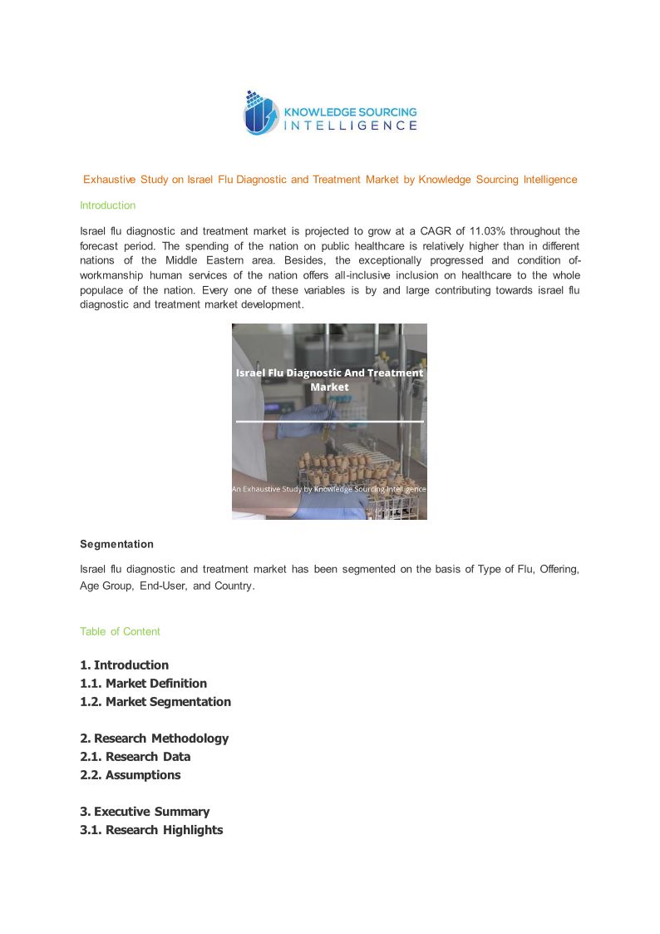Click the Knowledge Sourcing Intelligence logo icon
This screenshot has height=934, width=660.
tap(260, 113)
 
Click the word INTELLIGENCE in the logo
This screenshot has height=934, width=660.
tap(351, 126)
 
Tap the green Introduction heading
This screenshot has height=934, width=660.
tap(107, 205)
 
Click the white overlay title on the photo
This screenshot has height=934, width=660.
tap(329, 380)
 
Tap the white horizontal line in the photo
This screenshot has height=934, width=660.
tap(329, 422)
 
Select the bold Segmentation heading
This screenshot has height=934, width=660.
tap(116, 544)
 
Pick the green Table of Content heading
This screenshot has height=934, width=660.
tap(120, 631)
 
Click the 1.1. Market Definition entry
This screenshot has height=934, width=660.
tap(143, 684)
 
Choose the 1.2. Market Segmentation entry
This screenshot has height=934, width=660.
tap(155, 702)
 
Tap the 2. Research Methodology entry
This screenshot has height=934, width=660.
tap(154, 739)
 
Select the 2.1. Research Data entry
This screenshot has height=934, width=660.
tap(135, 757)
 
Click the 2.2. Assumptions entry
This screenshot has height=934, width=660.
tap(130, 775)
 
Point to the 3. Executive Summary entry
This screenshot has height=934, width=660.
tap(145, 812)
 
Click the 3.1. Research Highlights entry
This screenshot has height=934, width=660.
tap(151, 830)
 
